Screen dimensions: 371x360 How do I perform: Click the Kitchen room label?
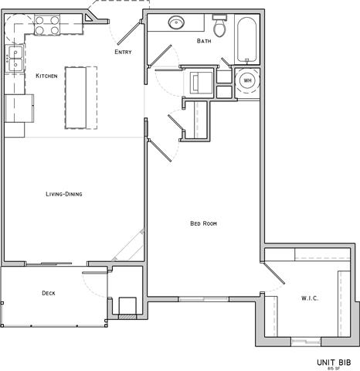tap(47, 76)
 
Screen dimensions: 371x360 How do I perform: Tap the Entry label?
tap(123, 52)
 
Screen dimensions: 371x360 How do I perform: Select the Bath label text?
tap(204, 41)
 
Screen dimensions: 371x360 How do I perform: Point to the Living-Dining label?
tap(63, 194)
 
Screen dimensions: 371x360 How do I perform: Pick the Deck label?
tap(48, 293)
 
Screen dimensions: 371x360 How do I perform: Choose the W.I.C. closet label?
tap(311, 298)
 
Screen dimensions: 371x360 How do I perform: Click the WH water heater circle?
tap(248, 80)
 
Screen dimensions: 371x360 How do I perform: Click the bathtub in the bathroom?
tap(248, 39)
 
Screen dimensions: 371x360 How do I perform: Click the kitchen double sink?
tap(13, 59)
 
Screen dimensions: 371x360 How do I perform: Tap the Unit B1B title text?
tap(334, 361)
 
